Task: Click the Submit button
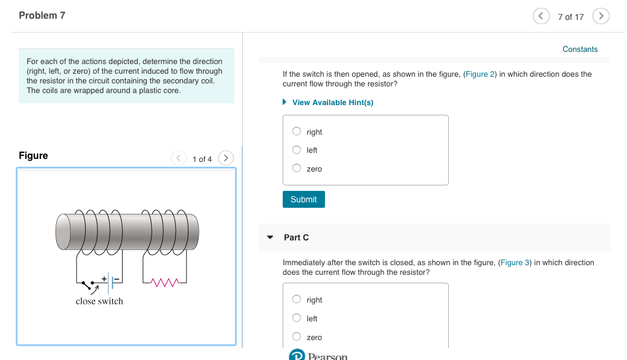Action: pos(303,199)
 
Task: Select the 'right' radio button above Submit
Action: pos(297,132)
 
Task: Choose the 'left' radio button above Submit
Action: pos(297,150)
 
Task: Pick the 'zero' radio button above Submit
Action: pos(297,169)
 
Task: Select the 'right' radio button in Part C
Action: pos(297,300)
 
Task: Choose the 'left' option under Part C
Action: pos(297,318)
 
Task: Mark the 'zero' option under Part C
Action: pos(297,337)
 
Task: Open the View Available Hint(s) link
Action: pos(332,103)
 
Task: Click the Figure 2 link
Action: pos(480,74)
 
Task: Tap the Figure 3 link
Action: pos(515,263)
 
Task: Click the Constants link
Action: pos(580,50)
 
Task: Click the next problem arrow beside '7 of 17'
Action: pos(601,16)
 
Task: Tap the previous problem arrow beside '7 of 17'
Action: pos(541,16)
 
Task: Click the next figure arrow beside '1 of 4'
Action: pos(225,158)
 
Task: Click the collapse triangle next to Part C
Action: pos(270,237)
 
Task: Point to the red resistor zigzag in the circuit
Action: pos(165,282)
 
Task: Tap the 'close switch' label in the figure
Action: pos(99,301)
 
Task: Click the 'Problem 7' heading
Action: pos(42,16)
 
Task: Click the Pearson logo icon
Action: pos(297,355)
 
